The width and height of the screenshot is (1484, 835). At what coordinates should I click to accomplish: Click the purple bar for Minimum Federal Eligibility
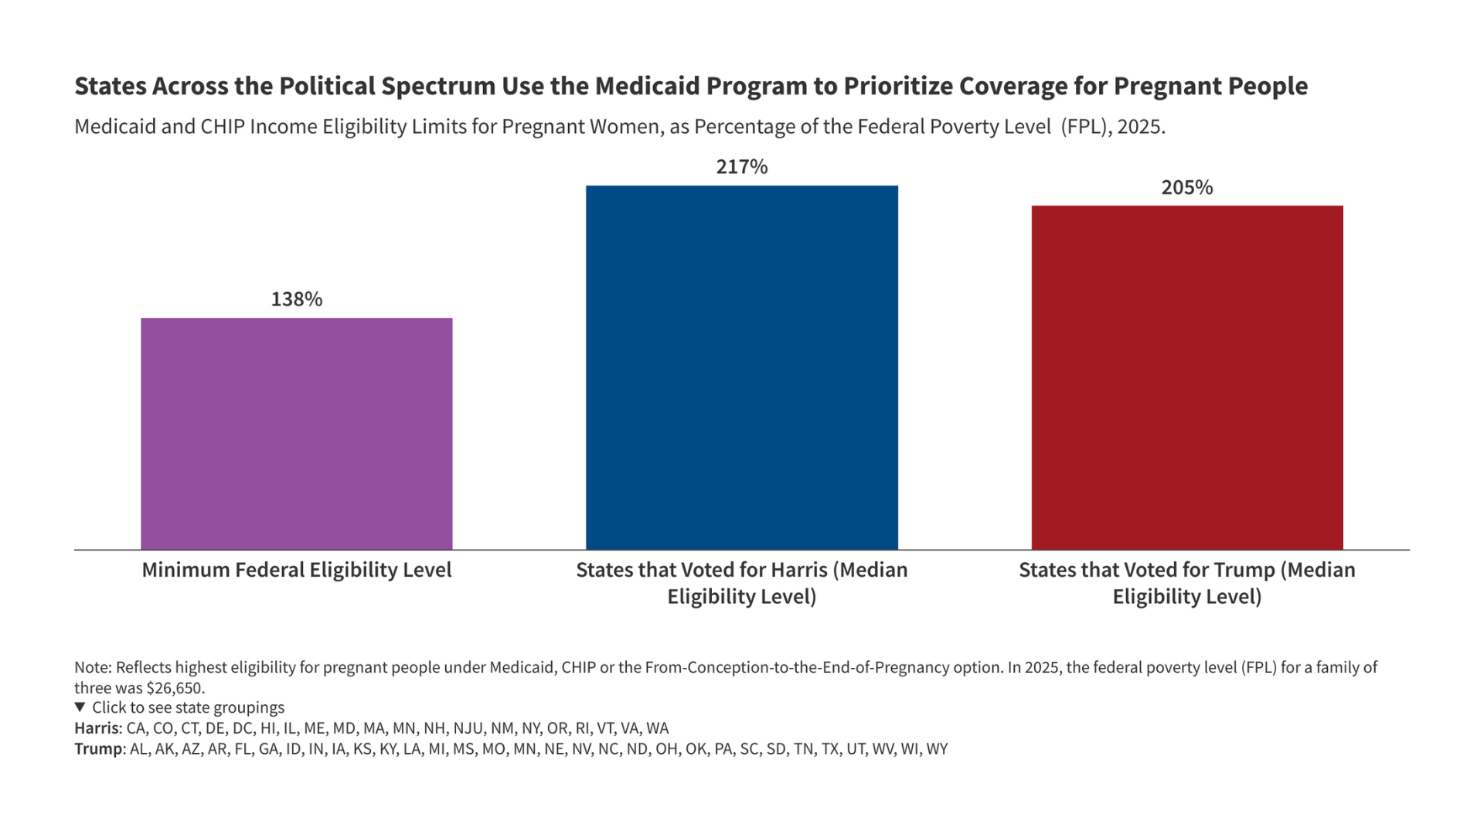pyautogui.click(x=296, y=434)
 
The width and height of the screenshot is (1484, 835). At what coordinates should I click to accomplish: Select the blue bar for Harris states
pyautogui.click(x=741, y=368)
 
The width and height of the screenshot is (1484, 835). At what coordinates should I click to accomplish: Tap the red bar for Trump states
pyautogui.click(x=1187, y=378)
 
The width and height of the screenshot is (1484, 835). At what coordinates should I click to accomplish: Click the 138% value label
pyautogui.click(x=296, y=300)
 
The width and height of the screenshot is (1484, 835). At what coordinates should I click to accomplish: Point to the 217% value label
pyautogui.click(x=741, y=168)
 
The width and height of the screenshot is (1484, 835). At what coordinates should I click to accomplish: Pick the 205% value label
pyautogui.click(x=1187, y=188)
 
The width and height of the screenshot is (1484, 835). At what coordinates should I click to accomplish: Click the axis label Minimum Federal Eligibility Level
pyautogui.click(x=296, y=571)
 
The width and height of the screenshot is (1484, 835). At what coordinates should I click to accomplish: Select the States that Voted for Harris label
pyautogui.click(x=741, y=583)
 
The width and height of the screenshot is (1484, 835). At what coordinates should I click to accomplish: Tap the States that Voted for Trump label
pyautogui.click(x=1187, y=583)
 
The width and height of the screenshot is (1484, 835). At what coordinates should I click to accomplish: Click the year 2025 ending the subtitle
pyautogui.click(x=1140, y=127)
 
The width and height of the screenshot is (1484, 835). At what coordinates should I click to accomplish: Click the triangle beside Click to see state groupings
pyautogui.click(x=80, y=707)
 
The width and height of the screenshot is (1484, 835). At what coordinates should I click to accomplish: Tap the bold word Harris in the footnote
pyautogui.click(x=97, y=728)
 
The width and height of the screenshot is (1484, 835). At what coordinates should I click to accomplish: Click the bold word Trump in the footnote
pyautogui.click(x=97, y=749)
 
